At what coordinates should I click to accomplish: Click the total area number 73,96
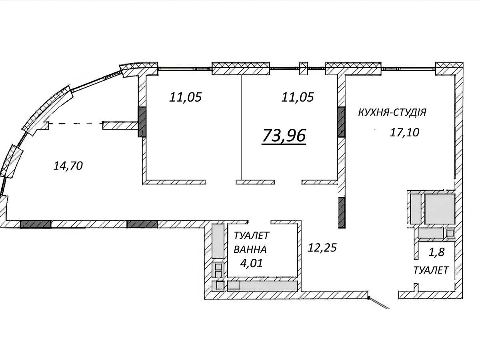pos(284,136)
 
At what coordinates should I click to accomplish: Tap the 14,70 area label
pos(68,166)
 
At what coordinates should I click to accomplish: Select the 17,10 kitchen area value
pos(404,132)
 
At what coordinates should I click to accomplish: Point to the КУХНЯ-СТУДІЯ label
pos(392,112)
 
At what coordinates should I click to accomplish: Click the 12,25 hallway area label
pos(322,248)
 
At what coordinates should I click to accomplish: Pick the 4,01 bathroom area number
pos(251,263)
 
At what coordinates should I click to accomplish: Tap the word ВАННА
pos(250,249)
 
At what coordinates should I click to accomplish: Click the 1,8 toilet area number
pos(436,252)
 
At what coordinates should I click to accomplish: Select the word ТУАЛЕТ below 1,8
pos(431,270)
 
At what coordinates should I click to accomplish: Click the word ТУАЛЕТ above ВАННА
pos(251,236)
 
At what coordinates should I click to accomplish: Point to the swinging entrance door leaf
pos(379,303)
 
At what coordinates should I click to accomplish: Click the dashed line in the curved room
pos(76,124)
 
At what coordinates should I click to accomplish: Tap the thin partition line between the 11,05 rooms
pos(242,128)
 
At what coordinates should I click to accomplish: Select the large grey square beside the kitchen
pos(440,209)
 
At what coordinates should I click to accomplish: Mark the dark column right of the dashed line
pos(142,122)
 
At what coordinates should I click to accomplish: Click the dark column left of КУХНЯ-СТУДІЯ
pos(341,122)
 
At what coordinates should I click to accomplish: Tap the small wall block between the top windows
pos(303,68)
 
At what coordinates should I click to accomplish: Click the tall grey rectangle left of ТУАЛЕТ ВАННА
pos(218,241)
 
